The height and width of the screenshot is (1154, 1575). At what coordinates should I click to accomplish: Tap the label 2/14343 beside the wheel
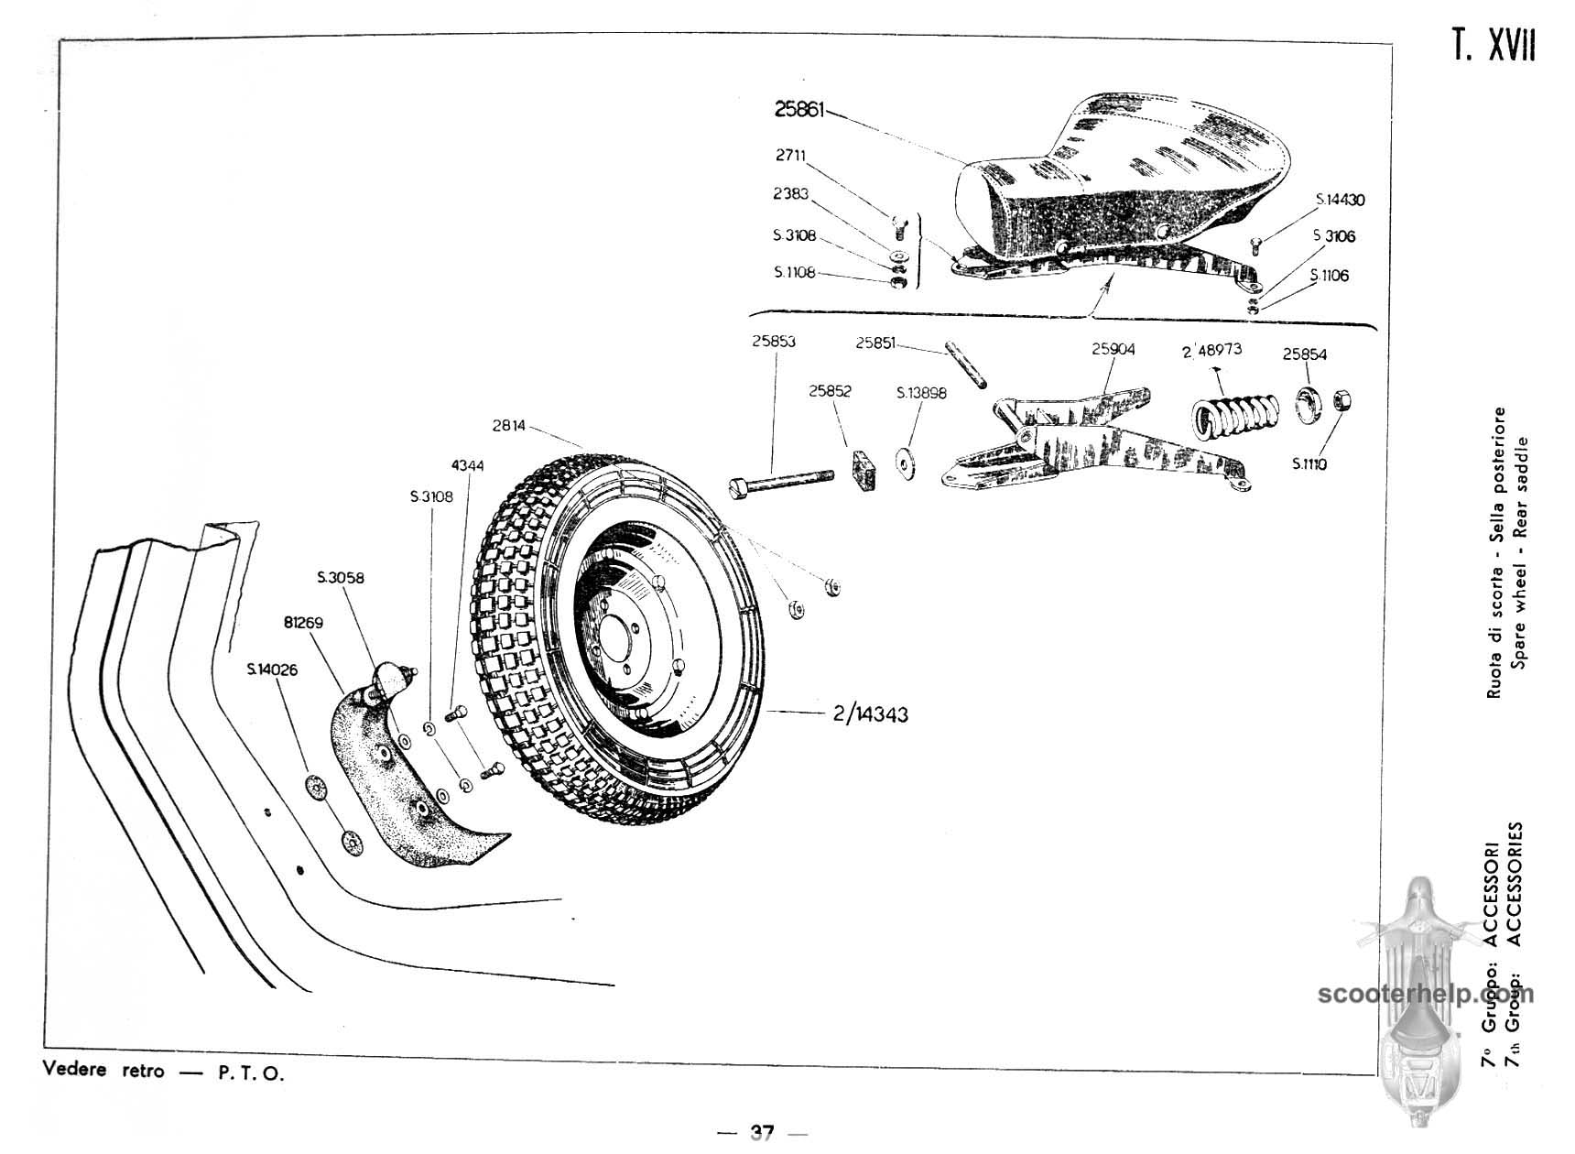tap(870, 713)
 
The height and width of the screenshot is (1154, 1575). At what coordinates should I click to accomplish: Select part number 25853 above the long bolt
tap(774, 342)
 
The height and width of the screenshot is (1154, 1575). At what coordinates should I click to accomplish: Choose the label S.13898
tap(921, 393)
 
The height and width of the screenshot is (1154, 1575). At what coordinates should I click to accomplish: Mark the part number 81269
tap(303, 623)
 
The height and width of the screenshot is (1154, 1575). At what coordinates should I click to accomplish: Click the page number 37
tap(762, 1133)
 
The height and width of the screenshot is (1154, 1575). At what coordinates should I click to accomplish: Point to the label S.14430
tap(1341, 200)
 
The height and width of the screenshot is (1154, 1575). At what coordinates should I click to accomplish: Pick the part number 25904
tap(1113, 349)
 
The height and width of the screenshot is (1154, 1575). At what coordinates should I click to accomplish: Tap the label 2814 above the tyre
tap(509, 425)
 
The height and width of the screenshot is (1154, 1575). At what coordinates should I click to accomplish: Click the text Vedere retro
tap(103, 1071)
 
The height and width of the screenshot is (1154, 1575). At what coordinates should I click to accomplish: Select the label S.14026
tap(272, 670)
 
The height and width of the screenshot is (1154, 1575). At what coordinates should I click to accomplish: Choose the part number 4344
tap(467, 465)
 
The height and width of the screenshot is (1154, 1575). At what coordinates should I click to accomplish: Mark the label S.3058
tap(341, 578)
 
